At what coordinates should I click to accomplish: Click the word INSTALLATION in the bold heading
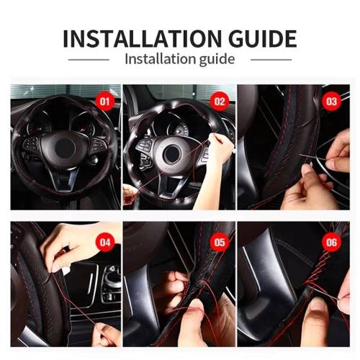(142, 38)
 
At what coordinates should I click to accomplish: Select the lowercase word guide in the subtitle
(217, 60)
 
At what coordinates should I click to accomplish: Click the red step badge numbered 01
(104, 102)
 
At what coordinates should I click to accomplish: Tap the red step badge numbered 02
(220, 102)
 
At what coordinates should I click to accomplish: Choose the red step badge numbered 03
(331, 102)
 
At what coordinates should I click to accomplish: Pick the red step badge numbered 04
(104, 243)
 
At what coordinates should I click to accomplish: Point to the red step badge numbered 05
(220, 243)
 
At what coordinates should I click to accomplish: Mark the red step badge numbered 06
(331, 243)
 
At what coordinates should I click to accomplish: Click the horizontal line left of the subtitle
(89, 60)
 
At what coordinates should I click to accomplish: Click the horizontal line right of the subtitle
(271, 60)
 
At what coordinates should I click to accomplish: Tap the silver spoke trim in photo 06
(252, 269)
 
